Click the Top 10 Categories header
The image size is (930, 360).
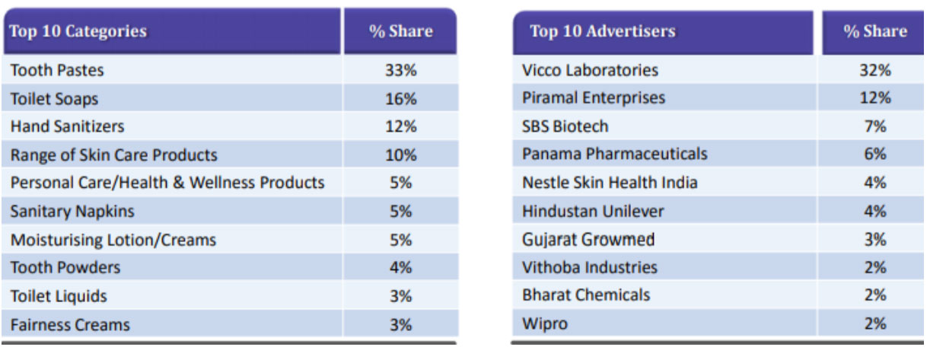coord(78,32)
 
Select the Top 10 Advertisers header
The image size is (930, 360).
coord(602,31)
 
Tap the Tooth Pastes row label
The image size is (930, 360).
coord(57,70)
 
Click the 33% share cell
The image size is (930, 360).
coord(401,70)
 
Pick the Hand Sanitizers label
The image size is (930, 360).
coord(67,126)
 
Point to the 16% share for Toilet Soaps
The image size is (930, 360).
coord(401,98)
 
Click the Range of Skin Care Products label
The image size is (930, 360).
coord(113,155)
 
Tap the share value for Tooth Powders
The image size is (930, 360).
coord(401,268)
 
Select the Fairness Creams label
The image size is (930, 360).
coord(70,325)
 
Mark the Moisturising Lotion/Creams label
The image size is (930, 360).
coord(113,240)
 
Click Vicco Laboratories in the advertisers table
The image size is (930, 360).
coord(590,70)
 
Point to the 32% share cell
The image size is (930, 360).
coord(875,70)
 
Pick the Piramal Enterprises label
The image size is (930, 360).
coord(593,97)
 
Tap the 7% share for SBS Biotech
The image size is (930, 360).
coord(875,126)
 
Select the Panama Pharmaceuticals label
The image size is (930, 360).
coord(614,154)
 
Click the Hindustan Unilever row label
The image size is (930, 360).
coord(593,211)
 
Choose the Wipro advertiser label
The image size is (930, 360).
coord(545,323)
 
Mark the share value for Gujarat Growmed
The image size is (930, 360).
coord(875,240)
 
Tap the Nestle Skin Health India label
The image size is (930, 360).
coord(610,183)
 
